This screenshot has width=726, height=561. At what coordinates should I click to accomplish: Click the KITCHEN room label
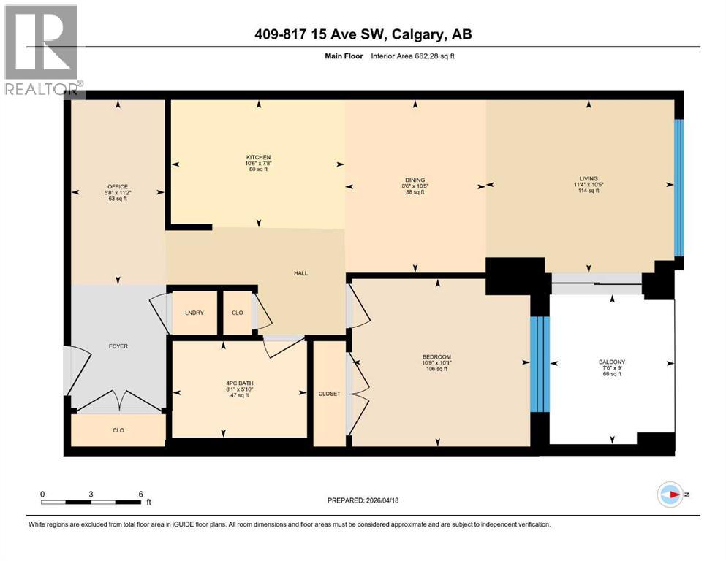click(x=258, y=157)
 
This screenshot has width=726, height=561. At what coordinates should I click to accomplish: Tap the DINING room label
click(x=415, y=180)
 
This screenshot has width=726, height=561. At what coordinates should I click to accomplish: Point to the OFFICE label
click(x=118, y=187)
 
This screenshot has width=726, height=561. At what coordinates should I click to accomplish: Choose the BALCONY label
click(x=611, y=362)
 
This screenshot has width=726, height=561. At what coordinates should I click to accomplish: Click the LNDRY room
click(x=194, y=313)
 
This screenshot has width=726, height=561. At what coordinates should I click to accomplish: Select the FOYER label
click(x=118, y=346)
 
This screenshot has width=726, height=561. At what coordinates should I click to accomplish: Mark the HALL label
click(x=300, y=273)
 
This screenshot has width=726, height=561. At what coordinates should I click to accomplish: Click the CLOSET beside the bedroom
click(x=329, y=394)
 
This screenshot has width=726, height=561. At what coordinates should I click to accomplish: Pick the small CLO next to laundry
click(x=238, y=313)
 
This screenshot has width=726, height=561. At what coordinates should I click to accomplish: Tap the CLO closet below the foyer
click(x=118, y=430)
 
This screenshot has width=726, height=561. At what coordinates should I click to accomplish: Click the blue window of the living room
click(x=678, y=188)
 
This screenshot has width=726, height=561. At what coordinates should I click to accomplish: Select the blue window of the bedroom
click(x=539, y=364)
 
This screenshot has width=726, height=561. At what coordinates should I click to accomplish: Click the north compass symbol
click(x=670, y=495)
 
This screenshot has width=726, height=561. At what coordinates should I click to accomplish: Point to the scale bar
click(x=91, y=501)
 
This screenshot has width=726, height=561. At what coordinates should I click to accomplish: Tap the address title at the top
click(x=363, y=35)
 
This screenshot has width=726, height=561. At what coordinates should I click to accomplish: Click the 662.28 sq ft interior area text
click(x=416, y=56)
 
